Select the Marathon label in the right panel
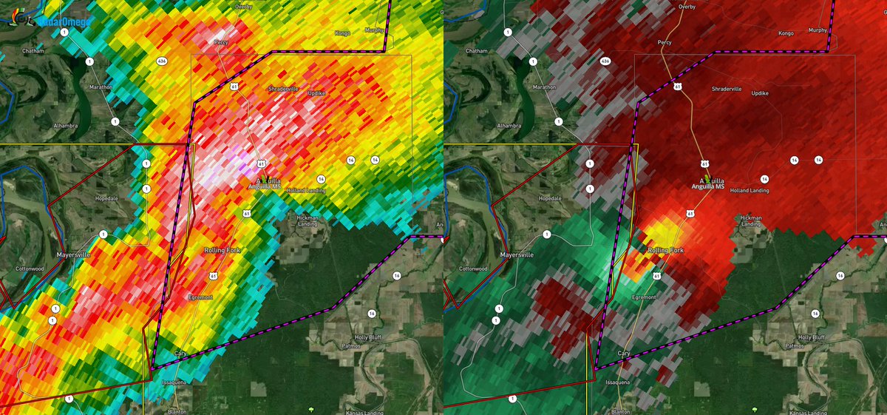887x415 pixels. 545,87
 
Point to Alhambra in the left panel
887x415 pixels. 65,126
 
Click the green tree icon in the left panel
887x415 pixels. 311,408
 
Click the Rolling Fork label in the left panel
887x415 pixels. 222,251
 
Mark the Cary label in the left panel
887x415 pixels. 180,354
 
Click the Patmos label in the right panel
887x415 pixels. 795,345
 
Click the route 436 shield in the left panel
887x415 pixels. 161,61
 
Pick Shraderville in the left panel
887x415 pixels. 282,88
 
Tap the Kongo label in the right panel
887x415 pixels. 785,33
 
